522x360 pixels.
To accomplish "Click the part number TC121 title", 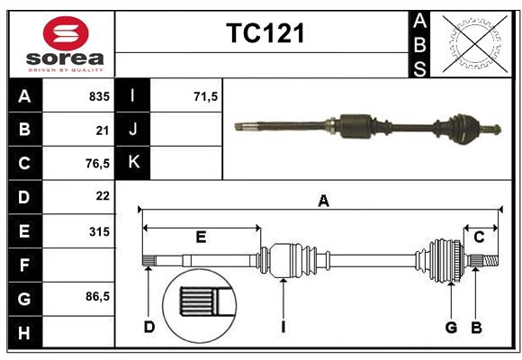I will [x=265, y=34].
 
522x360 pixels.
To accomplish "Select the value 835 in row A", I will [x=99, y=95].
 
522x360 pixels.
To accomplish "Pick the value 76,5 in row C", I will [x=96, y=164].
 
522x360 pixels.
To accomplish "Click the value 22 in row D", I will [x=103, y=196].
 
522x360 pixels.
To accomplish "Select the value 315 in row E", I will [x=99, y=231].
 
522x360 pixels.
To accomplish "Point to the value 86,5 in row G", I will [x=96, y=297].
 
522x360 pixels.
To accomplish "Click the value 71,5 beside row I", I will [x=206, y=95].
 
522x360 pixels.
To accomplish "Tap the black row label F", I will [x=24, y=265].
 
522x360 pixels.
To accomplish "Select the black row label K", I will [x=134, y=163].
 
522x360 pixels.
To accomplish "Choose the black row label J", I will [x=134, y=130].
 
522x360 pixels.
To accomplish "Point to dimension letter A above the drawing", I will [x=323, y=202].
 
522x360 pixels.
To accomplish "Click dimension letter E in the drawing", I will [x=201, y=238].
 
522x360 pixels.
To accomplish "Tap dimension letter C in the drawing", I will [x=480, y=238].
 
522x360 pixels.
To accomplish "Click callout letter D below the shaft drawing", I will [x=149, y=327].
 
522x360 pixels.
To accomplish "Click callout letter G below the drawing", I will [x=451, y=327].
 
